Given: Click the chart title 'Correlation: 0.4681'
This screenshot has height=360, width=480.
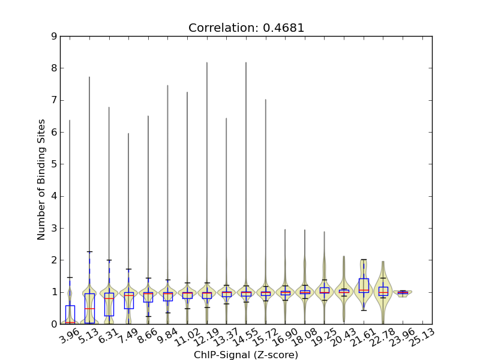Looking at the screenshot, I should coord(246,28).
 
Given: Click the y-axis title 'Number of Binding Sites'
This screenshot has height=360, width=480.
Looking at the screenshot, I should coord(41,180).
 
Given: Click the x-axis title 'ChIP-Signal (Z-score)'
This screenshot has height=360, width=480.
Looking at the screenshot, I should coord(246,355).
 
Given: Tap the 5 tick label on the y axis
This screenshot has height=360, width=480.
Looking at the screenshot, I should coord(54,164).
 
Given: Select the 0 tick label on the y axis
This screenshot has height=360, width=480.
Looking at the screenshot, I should coord(54,324).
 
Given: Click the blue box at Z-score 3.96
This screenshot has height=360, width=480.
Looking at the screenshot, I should coord(70,314).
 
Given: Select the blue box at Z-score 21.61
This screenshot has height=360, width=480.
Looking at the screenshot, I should coord(364,285).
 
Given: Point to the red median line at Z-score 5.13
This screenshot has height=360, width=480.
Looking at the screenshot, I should coord(89,308).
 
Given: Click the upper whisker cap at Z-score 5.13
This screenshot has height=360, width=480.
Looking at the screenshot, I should coord(89,251).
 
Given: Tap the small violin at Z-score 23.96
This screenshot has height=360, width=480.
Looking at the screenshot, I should coord(403,293).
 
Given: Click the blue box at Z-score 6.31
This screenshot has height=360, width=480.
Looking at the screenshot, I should coord(109,304).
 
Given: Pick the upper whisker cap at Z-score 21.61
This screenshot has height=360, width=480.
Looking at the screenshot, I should coord(364,260).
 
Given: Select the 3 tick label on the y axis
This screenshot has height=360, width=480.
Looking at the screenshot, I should coord(54,228).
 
